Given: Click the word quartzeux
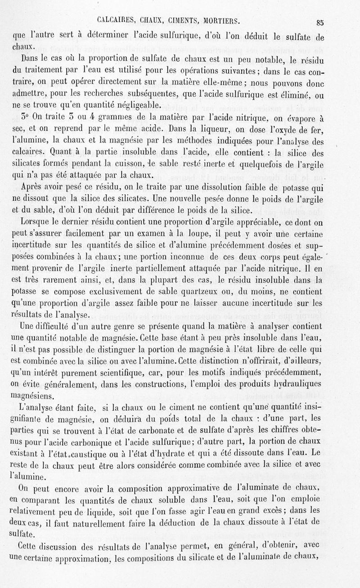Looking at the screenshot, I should [x=200, y=293].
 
